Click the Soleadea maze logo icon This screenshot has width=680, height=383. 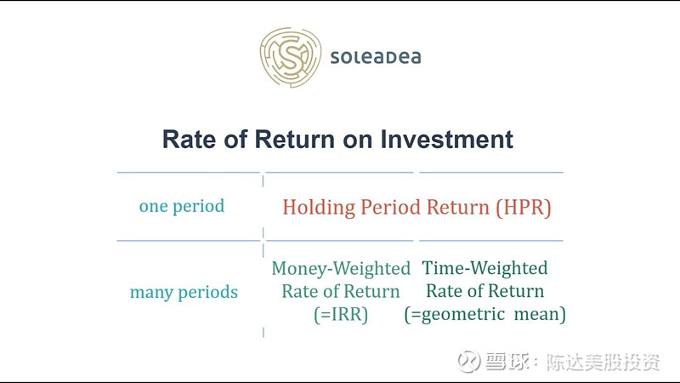pos(290,57)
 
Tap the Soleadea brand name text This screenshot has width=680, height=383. pos(376,57)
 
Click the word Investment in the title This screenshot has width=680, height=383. pos(447,140)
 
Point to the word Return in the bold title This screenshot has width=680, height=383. pos(295,140)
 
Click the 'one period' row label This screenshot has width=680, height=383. pos(182,206)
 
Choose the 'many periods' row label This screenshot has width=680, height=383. pos(184,292)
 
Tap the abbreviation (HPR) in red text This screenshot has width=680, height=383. pos(524,208)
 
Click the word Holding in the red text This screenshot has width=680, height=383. pos(319,208)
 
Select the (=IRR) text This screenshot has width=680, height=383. pos(341,314)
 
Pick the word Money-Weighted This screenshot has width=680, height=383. pos(341,268)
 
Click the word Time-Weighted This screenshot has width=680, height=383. pos(484,268)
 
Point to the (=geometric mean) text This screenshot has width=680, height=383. pos(484,314)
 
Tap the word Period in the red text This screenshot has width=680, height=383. pos(391,207)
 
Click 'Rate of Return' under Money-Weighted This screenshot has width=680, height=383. pos(341,291)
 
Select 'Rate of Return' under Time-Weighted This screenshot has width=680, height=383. pos(484,291)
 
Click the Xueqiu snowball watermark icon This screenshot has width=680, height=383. pos(469,361)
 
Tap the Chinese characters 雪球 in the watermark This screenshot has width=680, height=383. pos(507,362)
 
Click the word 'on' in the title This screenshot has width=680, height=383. pos(358,140)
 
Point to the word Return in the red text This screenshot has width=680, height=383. pos(458,207)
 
